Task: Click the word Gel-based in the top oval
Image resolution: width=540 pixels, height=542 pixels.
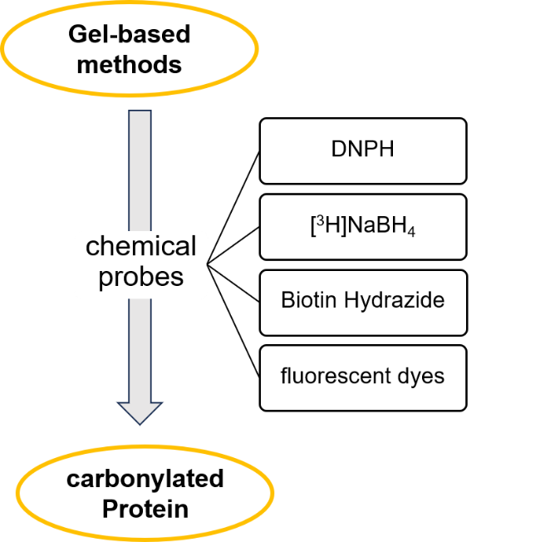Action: pos(129,35)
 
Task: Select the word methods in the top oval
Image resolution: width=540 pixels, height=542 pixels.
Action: pos(129,64)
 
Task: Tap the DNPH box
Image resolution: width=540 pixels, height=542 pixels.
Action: pos(362,150)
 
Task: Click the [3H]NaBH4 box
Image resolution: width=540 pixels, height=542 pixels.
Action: pos(362,226)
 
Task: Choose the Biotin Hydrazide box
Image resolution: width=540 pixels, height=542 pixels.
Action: pos(362,301)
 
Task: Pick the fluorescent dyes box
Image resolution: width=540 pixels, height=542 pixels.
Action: pos(362,377)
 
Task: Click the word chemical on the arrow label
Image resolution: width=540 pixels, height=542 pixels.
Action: pos(141,247)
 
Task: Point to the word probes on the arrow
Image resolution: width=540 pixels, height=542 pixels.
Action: pos(141,277)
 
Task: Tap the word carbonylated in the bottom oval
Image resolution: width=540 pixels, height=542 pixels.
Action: pos(145,480)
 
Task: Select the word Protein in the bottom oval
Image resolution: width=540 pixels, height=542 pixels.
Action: pos(145,508)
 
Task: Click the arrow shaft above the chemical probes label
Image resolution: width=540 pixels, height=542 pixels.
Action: pos(140,166)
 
